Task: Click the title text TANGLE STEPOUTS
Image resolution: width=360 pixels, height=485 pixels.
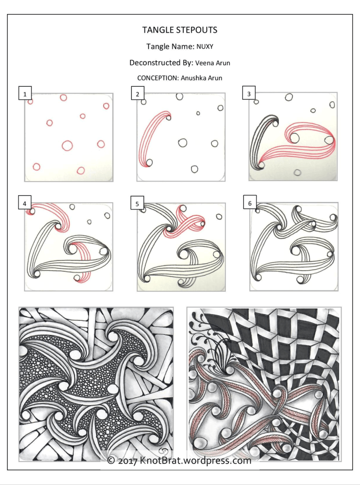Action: pos(180,30)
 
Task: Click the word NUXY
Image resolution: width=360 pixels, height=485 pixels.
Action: pos(206,46)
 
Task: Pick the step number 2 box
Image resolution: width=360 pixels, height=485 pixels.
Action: pos(137,94)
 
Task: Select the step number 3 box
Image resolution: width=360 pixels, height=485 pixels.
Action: pos(249,94)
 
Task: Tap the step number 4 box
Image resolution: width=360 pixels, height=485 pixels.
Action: pos(24,204)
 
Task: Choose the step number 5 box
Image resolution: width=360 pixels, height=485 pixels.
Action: pos(137,204)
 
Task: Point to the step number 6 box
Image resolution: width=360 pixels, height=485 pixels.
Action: pos(249,204)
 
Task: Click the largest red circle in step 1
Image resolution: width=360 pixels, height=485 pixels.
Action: pos(67,145)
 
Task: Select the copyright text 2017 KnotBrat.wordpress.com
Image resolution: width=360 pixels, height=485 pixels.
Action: pos(180,461)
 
